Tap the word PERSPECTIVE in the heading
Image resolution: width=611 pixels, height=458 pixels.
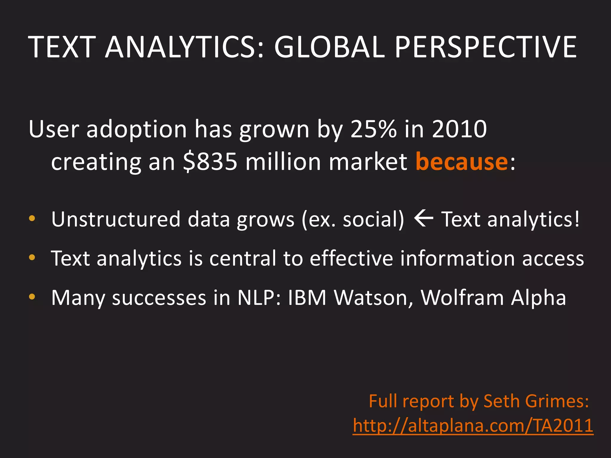point(486,47)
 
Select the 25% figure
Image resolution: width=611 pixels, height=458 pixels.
point(374,129)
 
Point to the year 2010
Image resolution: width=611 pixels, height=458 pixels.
point(459,129)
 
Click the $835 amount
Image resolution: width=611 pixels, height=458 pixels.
point(210,162)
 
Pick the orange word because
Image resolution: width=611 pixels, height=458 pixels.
point(462,162)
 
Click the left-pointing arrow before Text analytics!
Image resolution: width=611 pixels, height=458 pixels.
point(423,219)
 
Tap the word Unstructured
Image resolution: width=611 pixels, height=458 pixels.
point(116,219)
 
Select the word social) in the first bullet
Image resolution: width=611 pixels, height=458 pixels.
point(374,219)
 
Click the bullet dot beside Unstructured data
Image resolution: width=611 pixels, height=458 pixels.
point(32,219)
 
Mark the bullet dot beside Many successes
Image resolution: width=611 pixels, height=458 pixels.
point(32,297)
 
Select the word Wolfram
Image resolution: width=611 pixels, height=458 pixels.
point(462,298)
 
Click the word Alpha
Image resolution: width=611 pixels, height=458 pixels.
point(538,298)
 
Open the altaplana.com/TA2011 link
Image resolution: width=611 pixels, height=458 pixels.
point(473,425)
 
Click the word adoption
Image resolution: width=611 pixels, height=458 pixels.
point(136,129)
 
